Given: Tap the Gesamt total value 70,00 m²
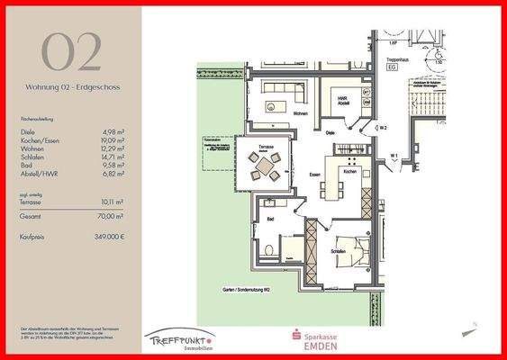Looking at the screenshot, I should (112, 217).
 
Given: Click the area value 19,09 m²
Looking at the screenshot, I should (111, 140).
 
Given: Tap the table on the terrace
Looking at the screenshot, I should (265, 165).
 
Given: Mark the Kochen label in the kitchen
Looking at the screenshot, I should (350, 171).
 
